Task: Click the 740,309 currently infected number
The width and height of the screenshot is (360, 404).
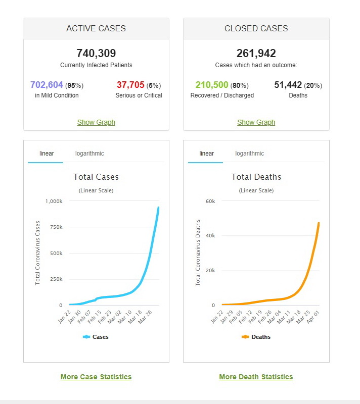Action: [96, 53]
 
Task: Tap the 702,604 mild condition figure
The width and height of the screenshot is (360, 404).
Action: [47, 85]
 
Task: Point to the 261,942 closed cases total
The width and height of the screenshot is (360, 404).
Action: [256, 53]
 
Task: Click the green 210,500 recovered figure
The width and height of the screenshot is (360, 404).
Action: [212, 85]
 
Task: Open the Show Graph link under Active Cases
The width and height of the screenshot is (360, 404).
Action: [96, 122]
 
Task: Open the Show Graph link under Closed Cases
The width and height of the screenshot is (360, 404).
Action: [256, 122]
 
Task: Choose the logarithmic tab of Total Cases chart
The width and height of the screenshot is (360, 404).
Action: [89, 154]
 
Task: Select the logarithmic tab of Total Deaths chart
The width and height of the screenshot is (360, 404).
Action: [249, 154]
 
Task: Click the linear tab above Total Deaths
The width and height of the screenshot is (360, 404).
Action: [206, 154]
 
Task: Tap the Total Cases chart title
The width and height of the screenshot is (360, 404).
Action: [96, 177]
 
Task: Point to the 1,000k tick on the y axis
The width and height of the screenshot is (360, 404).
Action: [54, 201]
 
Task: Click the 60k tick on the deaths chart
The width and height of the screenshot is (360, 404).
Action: [210, 201]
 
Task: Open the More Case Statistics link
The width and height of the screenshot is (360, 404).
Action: [96, 377]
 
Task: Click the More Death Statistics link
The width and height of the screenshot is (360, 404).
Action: [256, 377]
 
